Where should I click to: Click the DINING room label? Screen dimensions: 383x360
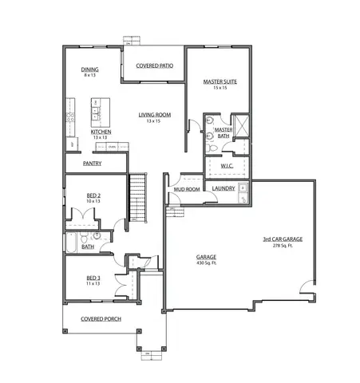coord(89,69)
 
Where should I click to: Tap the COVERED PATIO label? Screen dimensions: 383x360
coord(155,65)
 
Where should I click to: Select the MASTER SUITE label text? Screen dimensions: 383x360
coord(220,81)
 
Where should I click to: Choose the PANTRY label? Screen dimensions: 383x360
coord(93,164)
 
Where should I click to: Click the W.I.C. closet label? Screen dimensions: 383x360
coord(227,166)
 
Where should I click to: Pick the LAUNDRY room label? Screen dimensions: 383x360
coord(223,188)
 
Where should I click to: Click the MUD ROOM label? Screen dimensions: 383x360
coord(187,189)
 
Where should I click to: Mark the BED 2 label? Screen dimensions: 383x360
coord(93,195)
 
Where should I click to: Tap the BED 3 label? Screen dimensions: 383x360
coord(93,278)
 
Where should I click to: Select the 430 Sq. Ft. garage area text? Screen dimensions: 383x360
coord(207,263)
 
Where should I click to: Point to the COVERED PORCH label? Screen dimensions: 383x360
coord(101,318)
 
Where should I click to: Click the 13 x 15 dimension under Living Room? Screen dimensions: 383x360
coord(153,121)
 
